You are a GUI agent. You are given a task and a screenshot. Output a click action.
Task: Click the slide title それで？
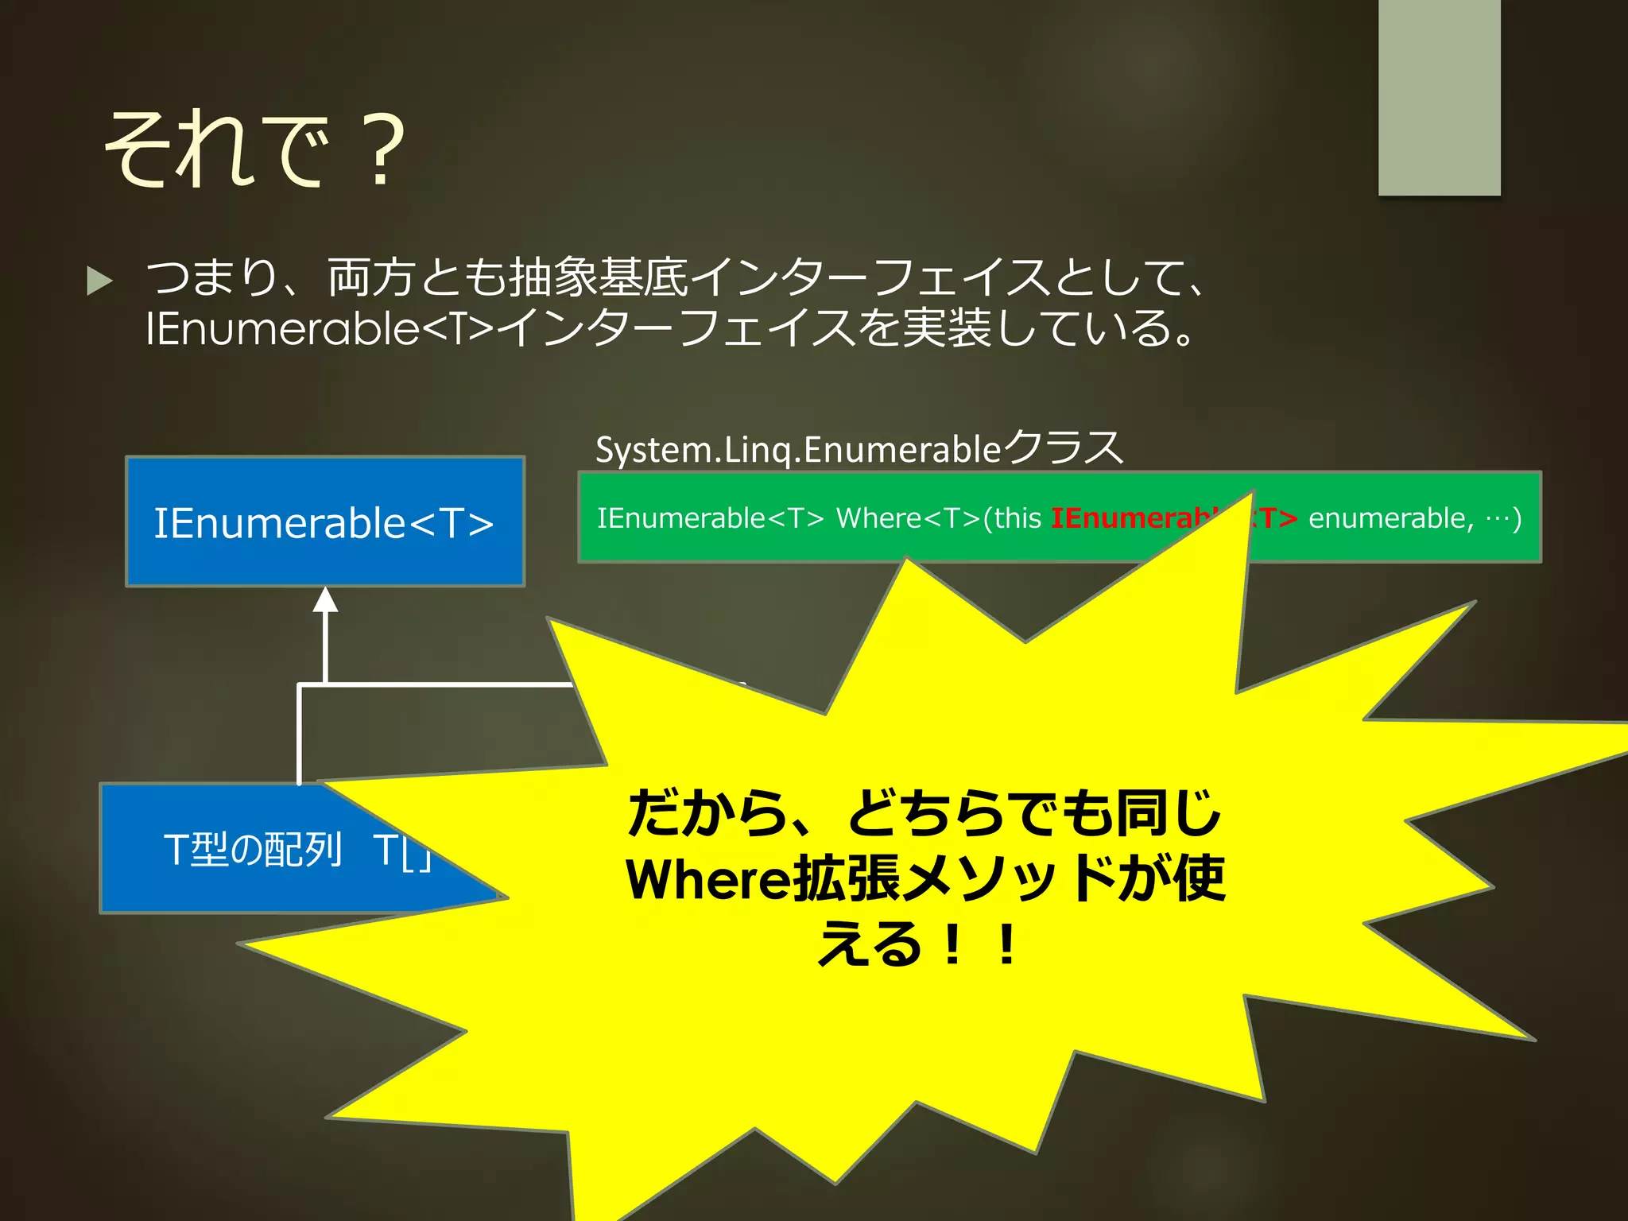pyautogui.click(x=254, y=149)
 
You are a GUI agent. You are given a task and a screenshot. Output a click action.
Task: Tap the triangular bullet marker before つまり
pyautogui.click(x=99, y=281)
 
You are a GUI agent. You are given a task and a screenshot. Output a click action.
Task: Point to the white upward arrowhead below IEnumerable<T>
pyautogui.click(x=325, y=600)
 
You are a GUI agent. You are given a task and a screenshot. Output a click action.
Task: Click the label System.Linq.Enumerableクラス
pyautogui.click(x=859, y=448)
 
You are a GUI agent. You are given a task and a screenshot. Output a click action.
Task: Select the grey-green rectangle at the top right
pyautogui.click(x=1439, y=95)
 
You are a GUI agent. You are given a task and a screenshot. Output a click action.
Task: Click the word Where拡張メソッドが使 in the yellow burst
pyautogui.click(x=924, y=879)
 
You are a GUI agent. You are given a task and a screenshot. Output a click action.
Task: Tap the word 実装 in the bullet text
pyautogui.click(x=946, y=328)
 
